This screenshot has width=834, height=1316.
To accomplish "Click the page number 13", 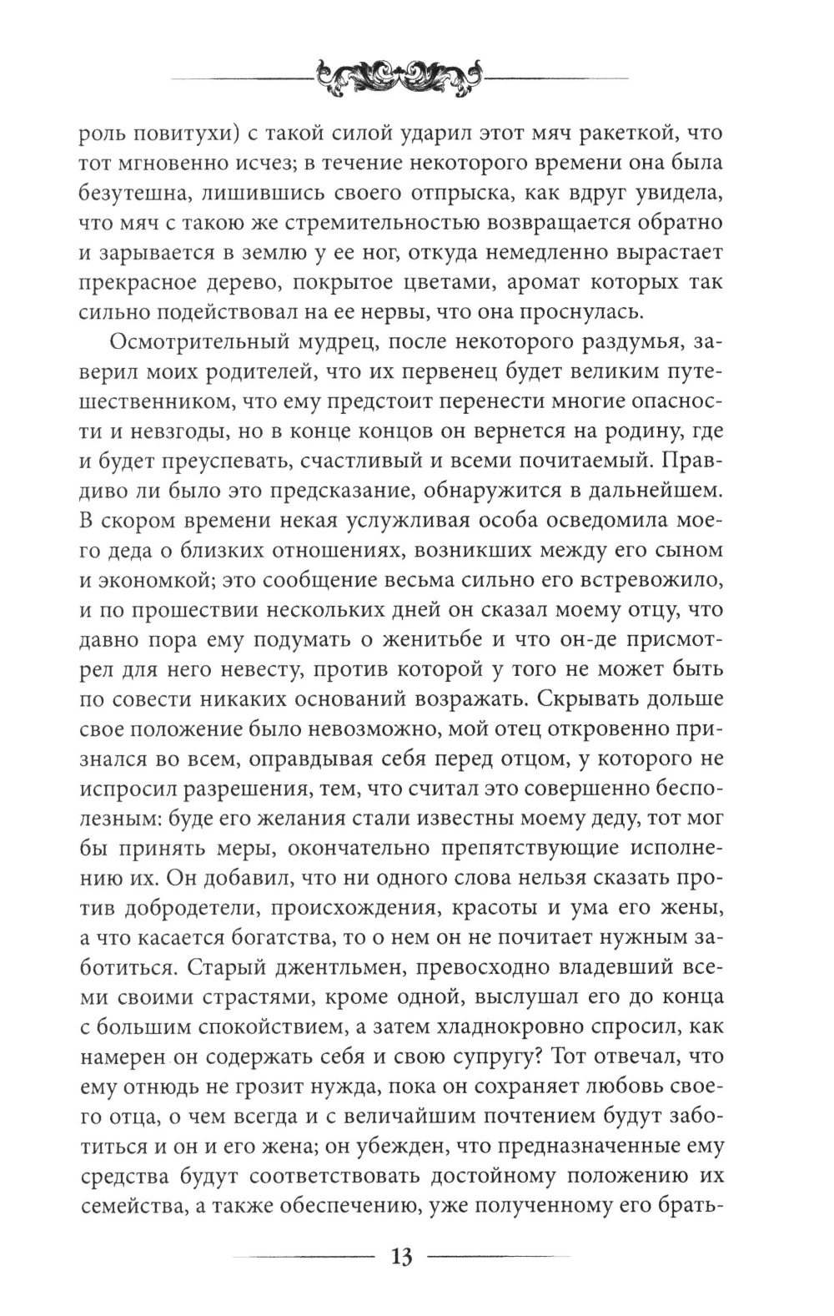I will (400, 1256).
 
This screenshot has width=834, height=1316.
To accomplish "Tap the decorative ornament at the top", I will (400, 76).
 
